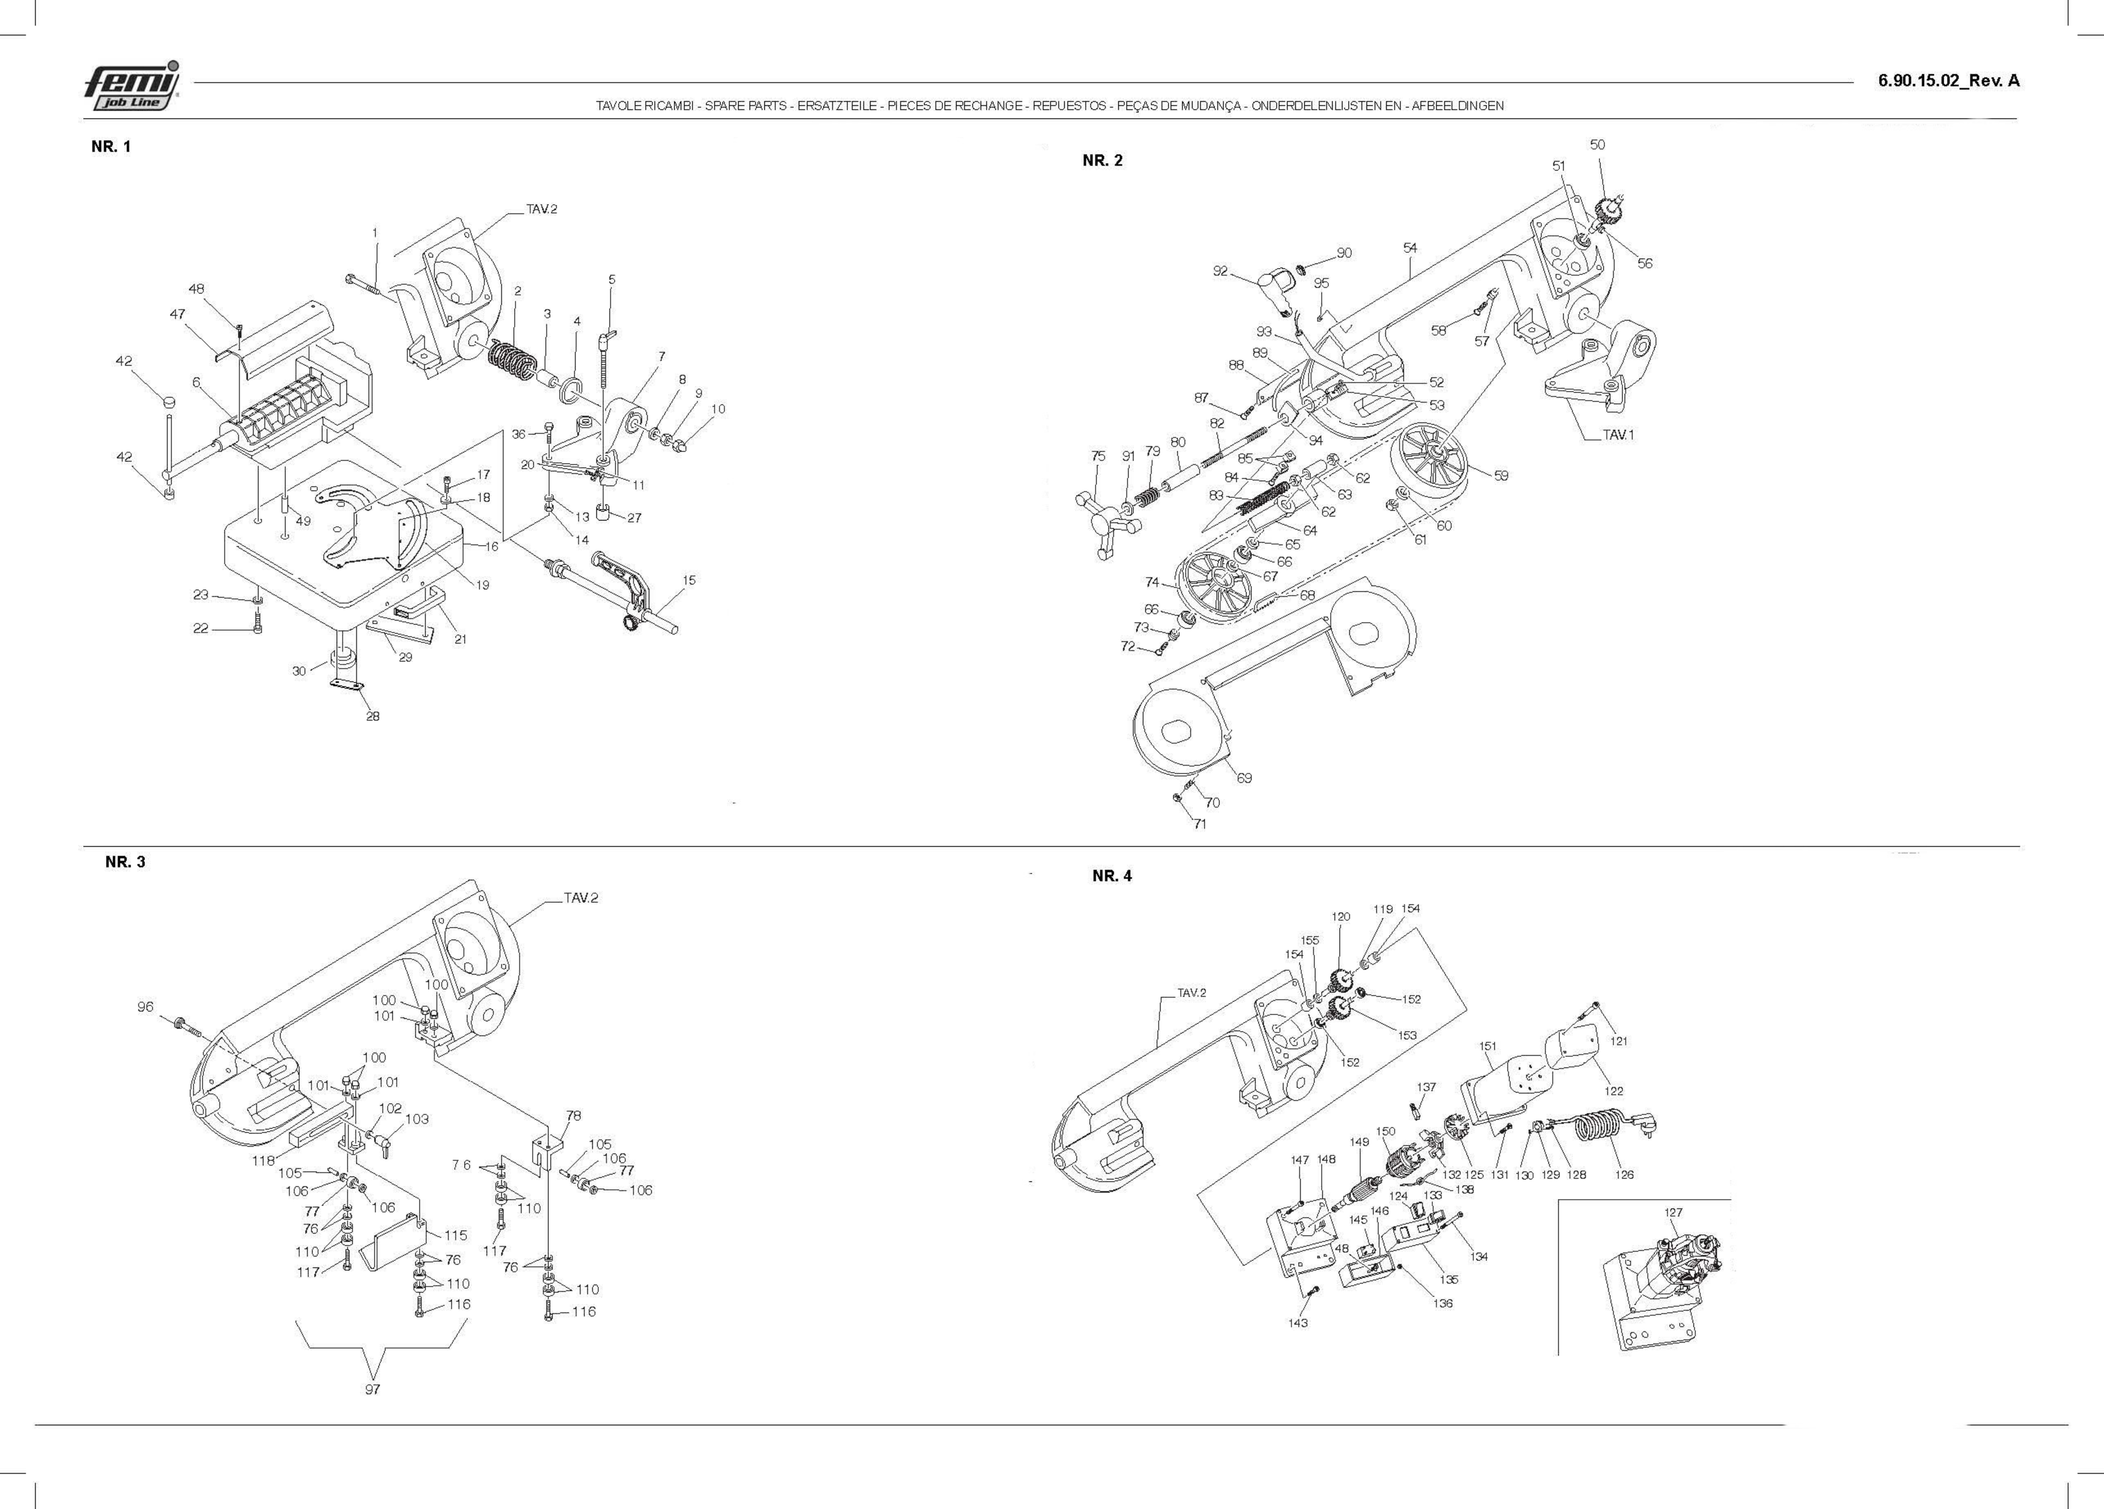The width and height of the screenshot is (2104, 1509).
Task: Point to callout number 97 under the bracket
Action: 372,1389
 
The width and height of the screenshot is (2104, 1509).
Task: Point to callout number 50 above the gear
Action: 1597,145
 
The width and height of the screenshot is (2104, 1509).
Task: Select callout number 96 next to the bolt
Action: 146,1006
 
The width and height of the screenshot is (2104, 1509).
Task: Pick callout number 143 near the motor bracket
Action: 1298,1323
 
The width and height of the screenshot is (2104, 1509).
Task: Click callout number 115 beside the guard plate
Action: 456,1235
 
